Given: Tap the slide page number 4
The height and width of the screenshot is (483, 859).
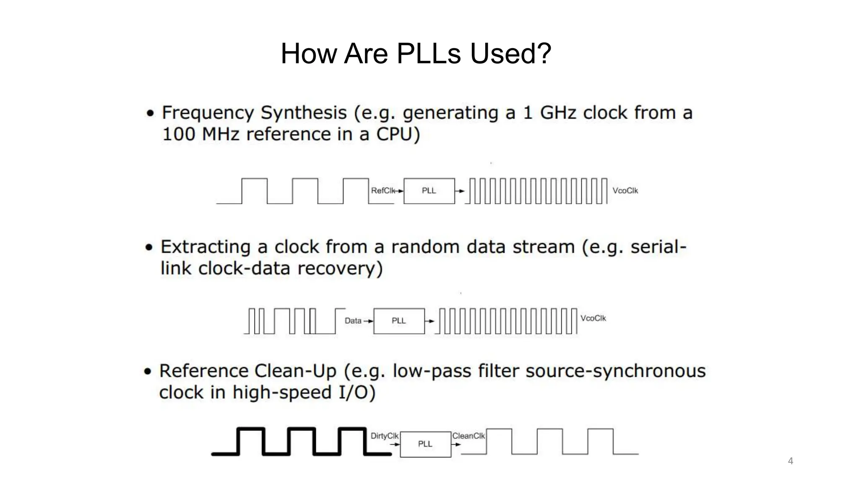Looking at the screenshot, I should (791, 461).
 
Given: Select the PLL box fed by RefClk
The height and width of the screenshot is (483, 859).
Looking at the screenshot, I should (429, 191).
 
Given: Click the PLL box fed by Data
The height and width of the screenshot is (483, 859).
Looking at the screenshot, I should (399, 321).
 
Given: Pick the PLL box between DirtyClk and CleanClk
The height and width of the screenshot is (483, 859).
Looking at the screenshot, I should (425, 444).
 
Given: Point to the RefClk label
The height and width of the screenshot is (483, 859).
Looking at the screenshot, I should (383, 191).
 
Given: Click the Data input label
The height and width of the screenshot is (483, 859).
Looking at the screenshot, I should (353, 321).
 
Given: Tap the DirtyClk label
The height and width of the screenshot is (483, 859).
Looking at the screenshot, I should (384, 436).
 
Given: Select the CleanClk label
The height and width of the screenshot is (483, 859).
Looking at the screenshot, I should (469, 436).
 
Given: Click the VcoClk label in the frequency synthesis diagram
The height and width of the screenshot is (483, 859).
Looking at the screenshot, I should (625, 191).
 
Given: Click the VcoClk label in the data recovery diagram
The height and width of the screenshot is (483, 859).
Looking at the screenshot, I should (593, 318).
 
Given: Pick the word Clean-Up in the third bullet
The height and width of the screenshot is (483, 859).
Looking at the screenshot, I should (295, 371).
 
